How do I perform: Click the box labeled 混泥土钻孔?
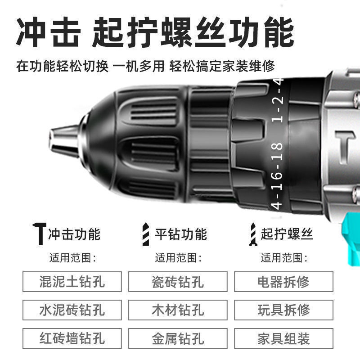72,282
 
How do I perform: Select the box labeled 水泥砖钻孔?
72,310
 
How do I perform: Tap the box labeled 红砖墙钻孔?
72,338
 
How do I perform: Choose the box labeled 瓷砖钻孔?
178,282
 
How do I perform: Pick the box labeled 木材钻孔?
178,310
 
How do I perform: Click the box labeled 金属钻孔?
178,338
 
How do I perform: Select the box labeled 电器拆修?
284,282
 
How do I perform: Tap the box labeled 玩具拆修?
284,310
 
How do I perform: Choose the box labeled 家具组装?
284,338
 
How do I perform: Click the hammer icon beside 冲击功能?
40,234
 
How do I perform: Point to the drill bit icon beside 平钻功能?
145,234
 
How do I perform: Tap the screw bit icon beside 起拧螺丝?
253,234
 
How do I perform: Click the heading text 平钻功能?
181,234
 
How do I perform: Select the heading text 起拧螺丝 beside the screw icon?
287,234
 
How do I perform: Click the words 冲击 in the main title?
49,32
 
